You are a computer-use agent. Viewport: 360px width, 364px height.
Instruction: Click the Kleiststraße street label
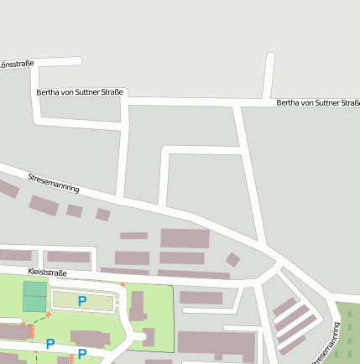(47, 273)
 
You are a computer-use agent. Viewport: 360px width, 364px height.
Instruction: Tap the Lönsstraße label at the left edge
(15, 64)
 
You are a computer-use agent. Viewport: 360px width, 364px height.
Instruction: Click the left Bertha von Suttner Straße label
(80, 91)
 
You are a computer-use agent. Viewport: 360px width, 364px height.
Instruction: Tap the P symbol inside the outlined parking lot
(82, 300)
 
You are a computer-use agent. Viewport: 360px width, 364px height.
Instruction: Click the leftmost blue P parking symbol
(50, 343)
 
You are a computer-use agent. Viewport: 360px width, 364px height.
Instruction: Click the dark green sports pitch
(35, 297)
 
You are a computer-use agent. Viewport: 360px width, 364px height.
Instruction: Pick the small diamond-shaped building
(232, 259)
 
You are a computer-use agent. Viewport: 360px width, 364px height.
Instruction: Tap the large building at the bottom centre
(217, 344)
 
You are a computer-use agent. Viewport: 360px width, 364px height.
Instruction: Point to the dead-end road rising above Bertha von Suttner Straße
(269, 75)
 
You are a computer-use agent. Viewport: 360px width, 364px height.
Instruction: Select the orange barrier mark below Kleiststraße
(123, 285)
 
